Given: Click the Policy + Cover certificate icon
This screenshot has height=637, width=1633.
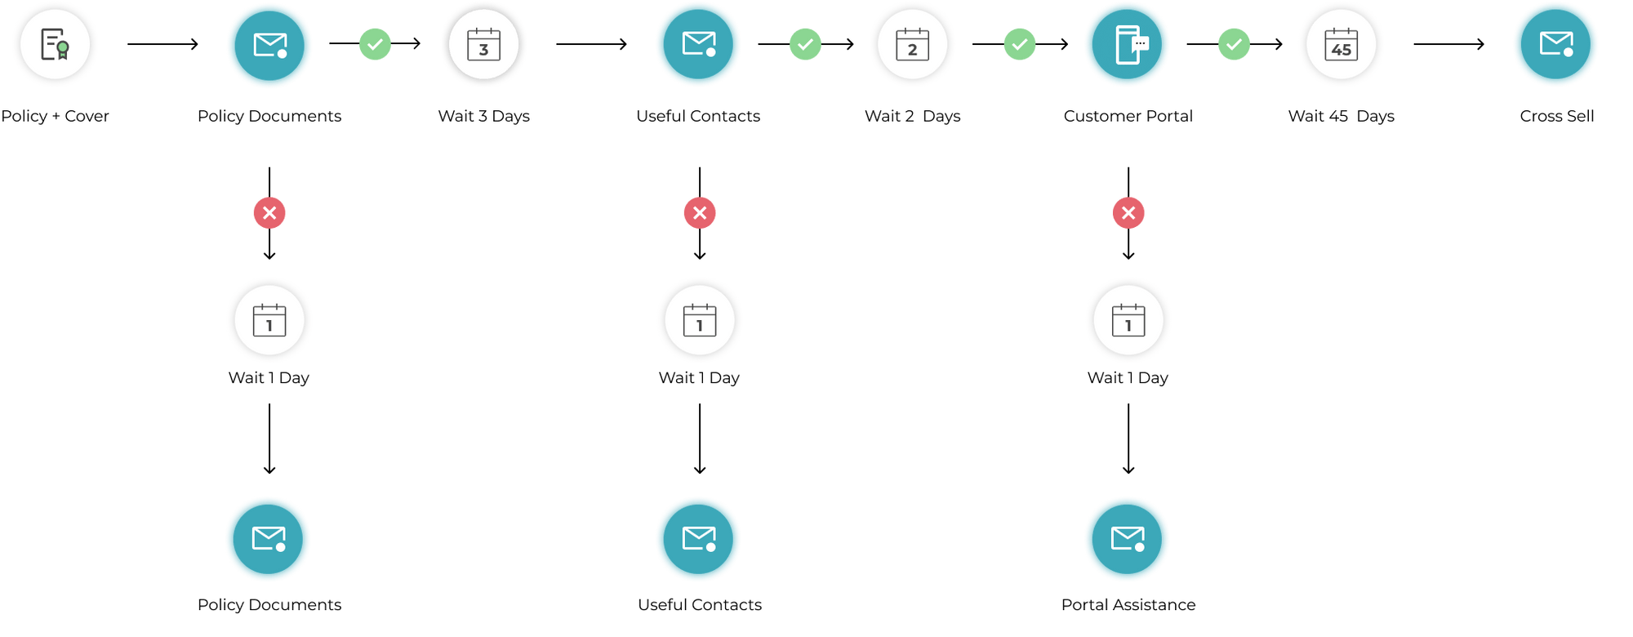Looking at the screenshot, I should tap(55, 44).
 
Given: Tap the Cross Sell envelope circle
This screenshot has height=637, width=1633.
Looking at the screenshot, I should tap(1555, 44).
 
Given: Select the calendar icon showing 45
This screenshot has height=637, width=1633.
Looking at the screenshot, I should tap(1341, 44).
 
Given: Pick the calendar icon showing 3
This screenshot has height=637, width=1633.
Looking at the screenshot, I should tap(483, 44).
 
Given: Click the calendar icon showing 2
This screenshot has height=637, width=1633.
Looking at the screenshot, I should tap(912, 44).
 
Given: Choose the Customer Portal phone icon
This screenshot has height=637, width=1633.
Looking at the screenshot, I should tap(1128, 44).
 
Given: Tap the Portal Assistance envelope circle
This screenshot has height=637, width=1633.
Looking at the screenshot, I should tap(1127, 539).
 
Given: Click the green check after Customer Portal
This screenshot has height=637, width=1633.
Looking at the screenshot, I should tap(1233, 44).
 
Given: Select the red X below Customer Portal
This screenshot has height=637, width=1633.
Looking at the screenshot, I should tap(1128, 213).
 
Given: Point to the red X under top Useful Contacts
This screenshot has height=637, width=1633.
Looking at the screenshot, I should tap(700, 213).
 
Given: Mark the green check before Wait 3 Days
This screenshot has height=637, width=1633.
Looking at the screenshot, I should tap(375, 44).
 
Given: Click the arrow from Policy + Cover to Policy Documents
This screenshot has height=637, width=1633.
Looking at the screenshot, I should tap(162, 44).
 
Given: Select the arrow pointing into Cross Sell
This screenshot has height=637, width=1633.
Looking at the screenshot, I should tap(1448, 44).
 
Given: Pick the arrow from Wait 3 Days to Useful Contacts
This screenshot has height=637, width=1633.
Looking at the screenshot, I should tap(591, 44).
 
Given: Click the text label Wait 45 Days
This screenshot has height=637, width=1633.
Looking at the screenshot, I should tap(1341, 116).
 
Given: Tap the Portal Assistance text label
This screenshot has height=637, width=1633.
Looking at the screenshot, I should tap(1128, 604).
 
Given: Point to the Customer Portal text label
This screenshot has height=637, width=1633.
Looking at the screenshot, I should tap(1128, 116).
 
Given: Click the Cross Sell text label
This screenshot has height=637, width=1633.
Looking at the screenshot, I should tap(1556, 116).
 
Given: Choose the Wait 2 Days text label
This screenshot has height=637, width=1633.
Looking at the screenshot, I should tap(912, 116).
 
